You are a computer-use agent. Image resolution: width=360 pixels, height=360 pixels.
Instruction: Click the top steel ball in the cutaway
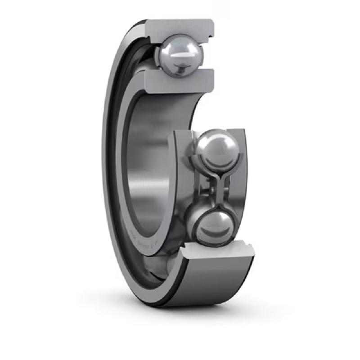179,55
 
